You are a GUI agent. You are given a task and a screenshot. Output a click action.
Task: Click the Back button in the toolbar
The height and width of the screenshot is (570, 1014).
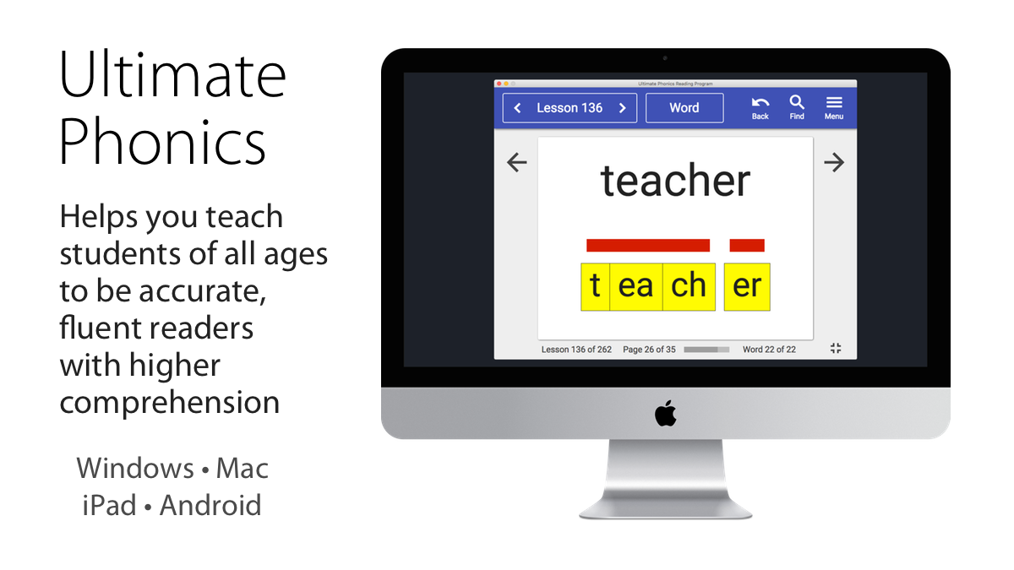pos(760,108)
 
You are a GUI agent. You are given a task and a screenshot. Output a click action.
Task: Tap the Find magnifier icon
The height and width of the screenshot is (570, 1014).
pos(797,102)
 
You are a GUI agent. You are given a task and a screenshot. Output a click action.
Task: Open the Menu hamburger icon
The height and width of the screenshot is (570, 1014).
pos(834,102)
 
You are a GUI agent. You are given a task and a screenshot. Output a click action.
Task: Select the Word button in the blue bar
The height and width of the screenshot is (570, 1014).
pos(684,108)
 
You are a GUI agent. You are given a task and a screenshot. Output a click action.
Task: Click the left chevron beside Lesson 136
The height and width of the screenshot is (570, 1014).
pos(517,108)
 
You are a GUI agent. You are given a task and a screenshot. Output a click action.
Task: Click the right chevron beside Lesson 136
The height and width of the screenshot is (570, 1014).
pos(623,108)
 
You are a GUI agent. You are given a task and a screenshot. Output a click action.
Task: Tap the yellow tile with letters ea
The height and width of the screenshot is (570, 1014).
pos(636,287)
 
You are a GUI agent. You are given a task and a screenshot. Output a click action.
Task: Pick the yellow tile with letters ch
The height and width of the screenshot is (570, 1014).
pos(689,287)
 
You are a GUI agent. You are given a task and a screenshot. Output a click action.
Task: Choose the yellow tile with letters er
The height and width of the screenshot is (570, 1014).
pos(747,287)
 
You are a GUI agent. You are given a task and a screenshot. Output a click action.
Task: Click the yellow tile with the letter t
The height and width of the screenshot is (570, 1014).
pos(595,287)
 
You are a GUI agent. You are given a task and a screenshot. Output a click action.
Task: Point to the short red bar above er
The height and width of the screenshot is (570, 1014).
pos(747,245)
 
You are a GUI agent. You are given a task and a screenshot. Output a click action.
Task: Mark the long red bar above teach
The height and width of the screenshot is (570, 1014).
pos(648,245)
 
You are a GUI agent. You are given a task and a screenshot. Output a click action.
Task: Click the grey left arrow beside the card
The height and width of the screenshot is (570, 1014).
pos(517,162)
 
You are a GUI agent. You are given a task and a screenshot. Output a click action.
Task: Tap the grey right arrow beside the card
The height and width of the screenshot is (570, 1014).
pos(834,162)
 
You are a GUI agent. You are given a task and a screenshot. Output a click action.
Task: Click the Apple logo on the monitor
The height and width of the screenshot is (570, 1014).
pos(666,413)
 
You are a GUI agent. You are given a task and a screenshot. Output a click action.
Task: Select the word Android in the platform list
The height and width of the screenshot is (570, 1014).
pos(210,505)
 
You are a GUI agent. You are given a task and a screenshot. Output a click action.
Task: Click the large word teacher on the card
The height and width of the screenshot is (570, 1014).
pos(675,181)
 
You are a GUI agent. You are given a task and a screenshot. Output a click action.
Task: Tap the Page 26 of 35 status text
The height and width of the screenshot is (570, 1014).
pos(649,350)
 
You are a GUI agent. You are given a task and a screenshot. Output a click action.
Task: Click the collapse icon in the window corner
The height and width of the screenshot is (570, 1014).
pos(836,348)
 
